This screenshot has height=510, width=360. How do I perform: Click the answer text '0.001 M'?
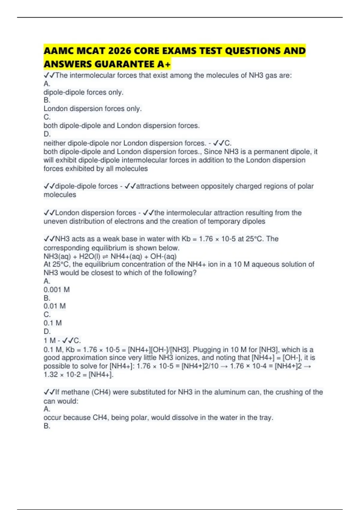click(56, 290)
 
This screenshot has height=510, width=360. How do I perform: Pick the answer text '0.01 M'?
click(54, 306)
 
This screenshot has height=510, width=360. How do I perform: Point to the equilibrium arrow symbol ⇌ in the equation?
click(105, 256)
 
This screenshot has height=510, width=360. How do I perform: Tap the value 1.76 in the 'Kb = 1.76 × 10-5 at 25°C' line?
click(206, 239)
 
